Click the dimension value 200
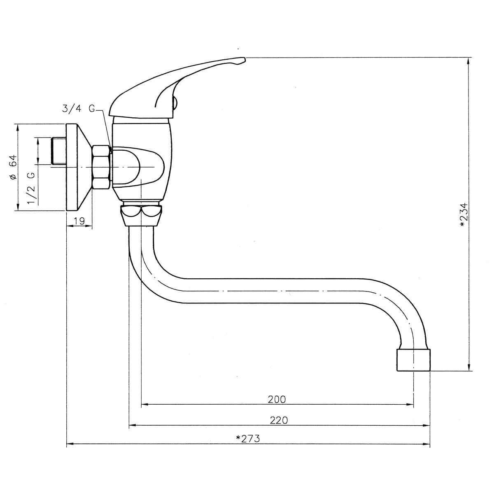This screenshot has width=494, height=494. pyautogui.click(x=277, y=399)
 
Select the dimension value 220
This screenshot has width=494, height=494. pyautogui.click(x=279, y=420)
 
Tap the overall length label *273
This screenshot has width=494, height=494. pyautogui.click(x=248, y=438)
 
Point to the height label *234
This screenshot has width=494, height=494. pyautogui.click(x=464, y=215)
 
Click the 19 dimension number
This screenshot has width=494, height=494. pyautogui.click(x=79, y=221)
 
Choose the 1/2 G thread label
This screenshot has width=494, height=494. pyautogui.click(x=31, y=188)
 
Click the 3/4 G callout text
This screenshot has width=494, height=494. pyautogui.click(x=79, y=109)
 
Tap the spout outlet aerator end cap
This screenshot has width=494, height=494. pyautogui.click(x=413, y=360)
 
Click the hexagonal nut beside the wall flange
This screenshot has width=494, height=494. pyautogui.click(x=101, y=168)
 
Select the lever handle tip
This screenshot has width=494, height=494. pyautogui.click(x=244, y=59)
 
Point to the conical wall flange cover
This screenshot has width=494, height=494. pyautogui.click(x=79, y=168)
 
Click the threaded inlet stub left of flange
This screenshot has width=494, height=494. pyautogui.click(x=59, y=151)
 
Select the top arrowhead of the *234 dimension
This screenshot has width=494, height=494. pyautogui.click(x=468, y=61)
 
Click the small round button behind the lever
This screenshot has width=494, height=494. pyautogui.click(x=175, y=102)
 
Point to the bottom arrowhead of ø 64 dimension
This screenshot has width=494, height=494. pyautogui.click(x=18, y=207)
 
